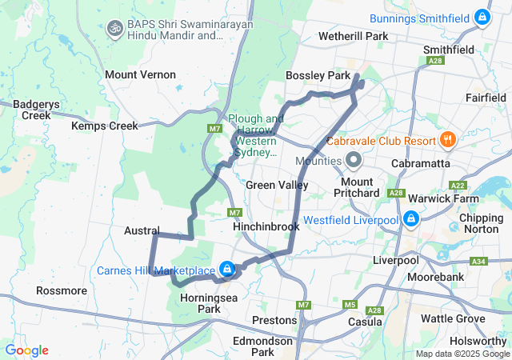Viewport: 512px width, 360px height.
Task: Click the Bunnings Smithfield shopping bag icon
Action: [x=482, y=16]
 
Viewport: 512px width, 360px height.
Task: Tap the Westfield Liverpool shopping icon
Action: [x=410, y=218]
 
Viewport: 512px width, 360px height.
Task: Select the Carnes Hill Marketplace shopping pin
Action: [x=227, y=269]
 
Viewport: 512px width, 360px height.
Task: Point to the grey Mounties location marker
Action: [x=354, y=161]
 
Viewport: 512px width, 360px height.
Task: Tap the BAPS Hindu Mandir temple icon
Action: [x=114, y=28]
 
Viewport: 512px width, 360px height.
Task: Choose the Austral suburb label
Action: [x=142, y=230]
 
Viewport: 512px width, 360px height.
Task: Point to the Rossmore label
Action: [x=62, y=290]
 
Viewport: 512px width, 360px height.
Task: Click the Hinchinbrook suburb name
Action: [x=266, y=226]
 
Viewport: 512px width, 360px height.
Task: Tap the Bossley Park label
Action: [x=318, y=75]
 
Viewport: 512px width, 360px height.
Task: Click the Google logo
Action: [x=26, y=350]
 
